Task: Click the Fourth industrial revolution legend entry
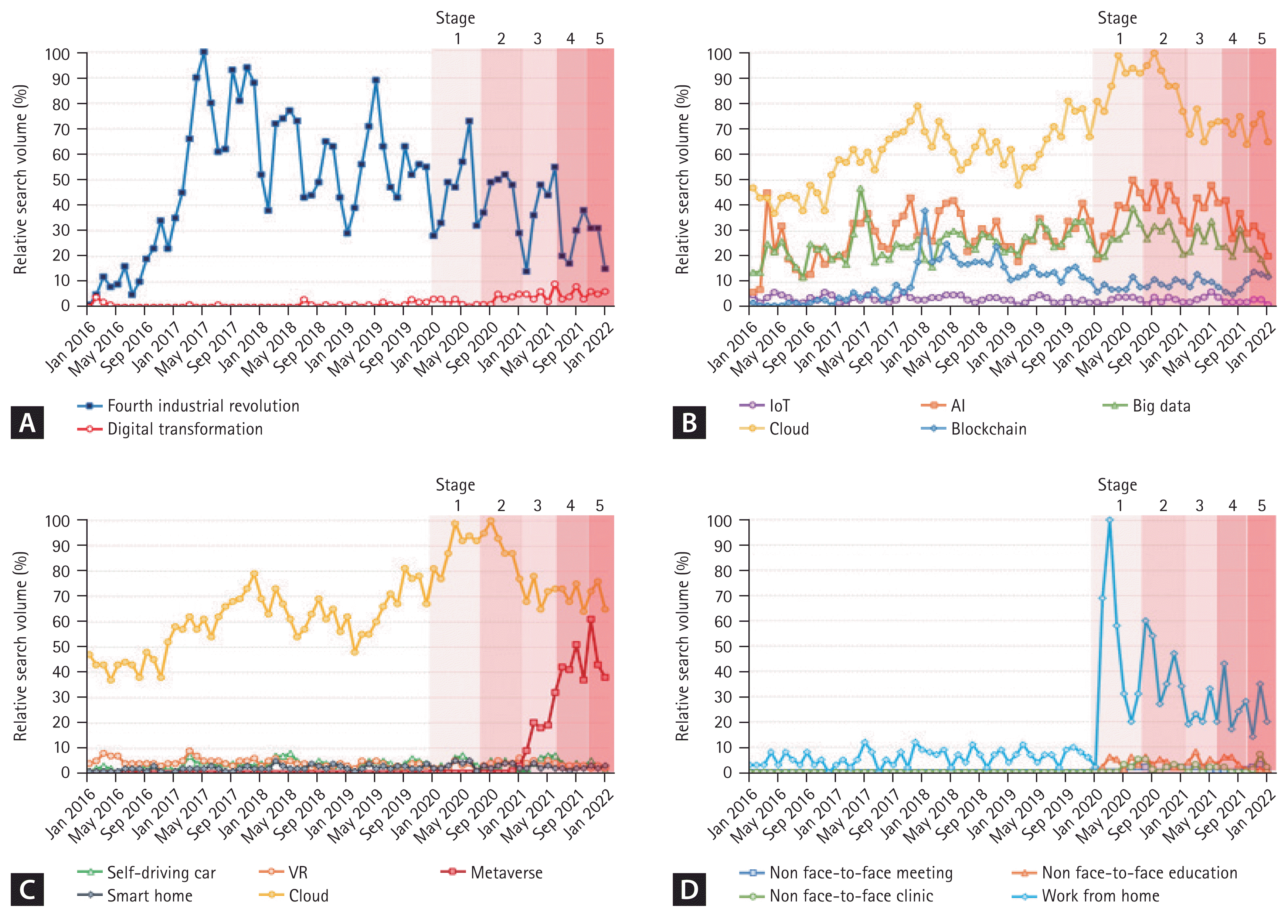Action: [189, 406]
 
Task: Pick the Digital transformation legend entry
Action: [171, 429]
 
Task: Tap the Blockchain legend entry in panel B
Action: [974, 429]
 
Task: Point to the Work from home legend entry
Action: [1086, 896]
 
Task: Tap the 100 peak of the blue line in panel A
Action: [204, 52]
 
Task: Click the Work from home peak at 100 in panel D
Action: [1109, 520]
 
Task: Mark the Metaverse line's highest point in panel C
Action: [591, 620]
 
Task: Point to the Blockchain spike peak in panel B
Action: [925, 211]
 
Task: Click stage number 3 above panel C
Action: [537, 506]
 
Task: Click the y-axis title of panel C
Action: [20, 646]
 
